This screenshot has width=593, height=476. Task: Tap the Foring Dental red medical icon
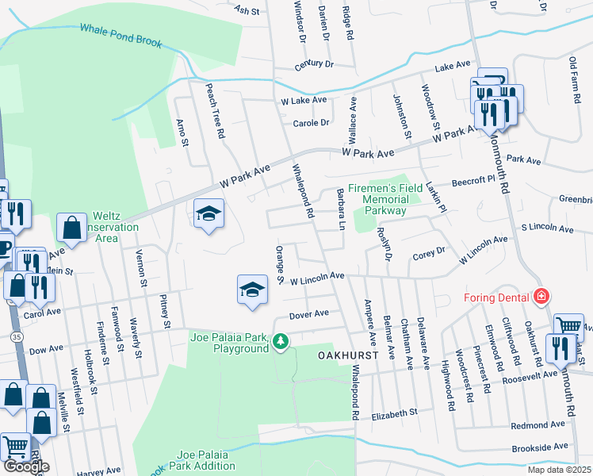pos(541,297)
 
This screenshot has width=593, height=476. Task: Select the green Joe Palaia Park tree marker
pos(280,341)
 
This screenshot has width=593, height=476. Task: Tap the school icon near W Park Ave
pos(209,213)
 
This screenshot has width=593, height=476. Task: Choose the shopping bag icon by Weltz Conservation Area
pos(72,228)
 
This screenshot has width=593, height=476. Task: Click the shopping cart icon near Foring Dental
pos(568,325)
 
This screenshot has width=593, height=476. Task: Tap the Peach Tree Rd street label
pos(215,110)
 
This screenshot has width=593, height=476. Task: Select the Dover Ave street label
pos(309,314)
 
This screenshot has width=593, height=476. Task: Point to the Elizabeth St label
pos(394,413)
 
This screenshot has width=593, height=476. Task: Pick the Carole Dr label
pos(311,123)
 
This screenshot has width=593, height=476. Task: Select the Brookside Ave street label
pos(540,447)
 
